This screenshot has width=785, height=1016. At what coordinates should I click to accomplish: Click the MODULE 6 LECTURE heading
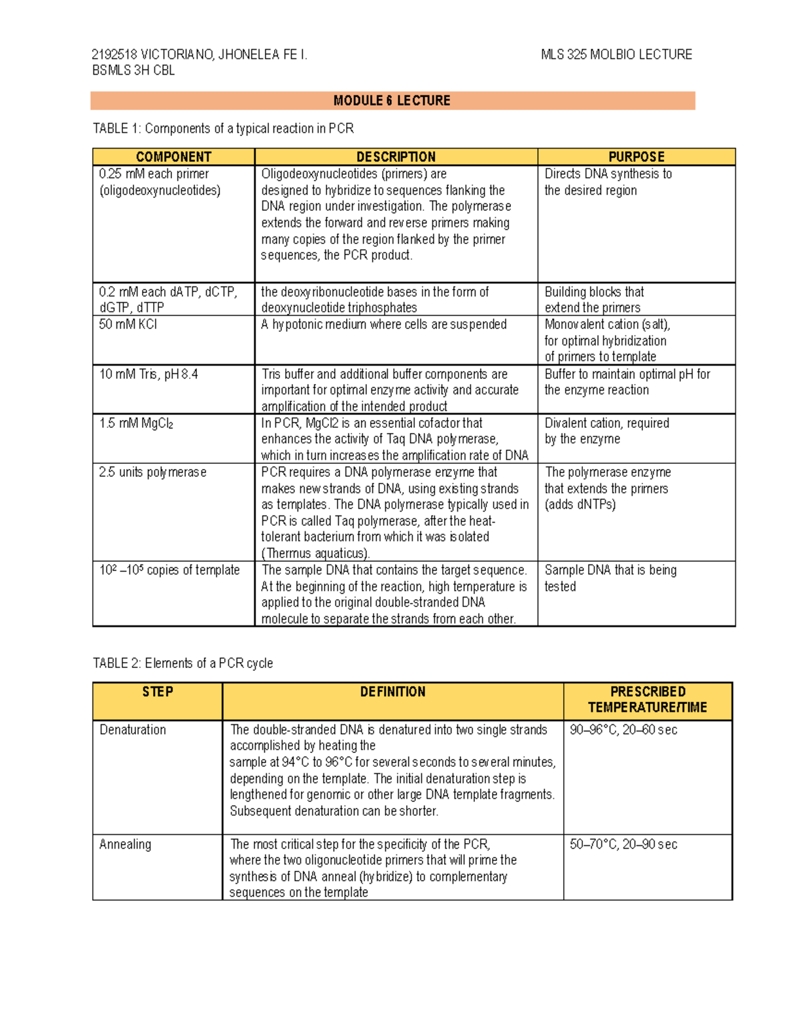[x=392, y=101]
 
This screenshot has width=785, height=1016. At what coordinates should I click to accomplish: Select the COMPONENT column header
[x=173, y=157]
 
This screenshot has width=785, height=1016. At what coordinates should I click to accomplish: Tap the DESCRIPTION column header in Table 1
[x=396, y=157]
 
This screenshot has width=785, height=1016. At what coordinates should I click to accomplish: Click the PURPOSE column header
[x=636, y=157]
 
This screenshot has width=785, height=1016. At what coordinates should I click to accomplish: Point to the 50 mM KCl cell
[x=128, y=324]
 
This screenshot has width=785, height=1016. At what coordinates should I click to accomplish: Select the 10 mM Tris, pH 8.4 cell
[x=148, y=374]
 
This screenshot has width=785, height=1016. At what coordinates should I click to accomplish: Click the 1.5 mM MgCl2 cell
[x=136, y=423]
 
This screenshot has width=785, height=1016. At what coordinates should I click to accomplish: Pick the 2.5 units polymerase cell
[x=152, y=472]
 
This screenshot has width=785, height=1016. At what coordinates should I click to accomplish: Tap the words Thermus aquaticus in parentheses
[x=315, y=553]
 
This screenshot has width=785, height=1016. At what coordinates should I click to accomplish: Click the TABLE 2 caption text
[x=183, y=663]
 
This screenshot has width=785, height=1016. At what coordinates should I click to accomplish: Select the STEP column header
[x=158, y=692]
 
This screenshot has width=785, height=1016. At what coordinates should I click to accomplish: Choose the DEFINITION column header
[x=392, y=692]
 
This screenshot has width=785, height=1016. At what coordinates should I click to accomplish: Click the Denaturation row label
[x=133, y=730]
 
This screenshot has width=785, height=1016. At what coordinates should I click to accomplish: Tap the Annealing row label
[x=125, y=845]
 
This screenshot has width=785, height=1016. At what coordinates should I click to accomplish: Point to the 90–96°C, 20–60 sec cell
[x=623, y=730]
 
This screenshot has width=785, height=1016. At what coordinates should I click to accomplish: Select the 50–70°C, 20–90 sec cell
[x=623, y=845]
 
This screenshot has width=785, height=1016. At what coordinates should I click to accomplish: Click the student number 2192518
[x=114, y=55]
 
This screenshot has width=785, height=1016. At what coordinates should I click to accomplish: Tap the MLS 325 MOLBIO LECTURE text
[x=616, y=55]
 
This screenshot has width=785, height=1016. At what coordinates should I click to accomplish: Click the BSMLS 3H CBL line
[x=133, y=71]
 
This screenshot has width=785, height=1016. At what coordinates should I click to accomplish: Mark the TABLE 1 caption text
[x=223, y=129]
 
